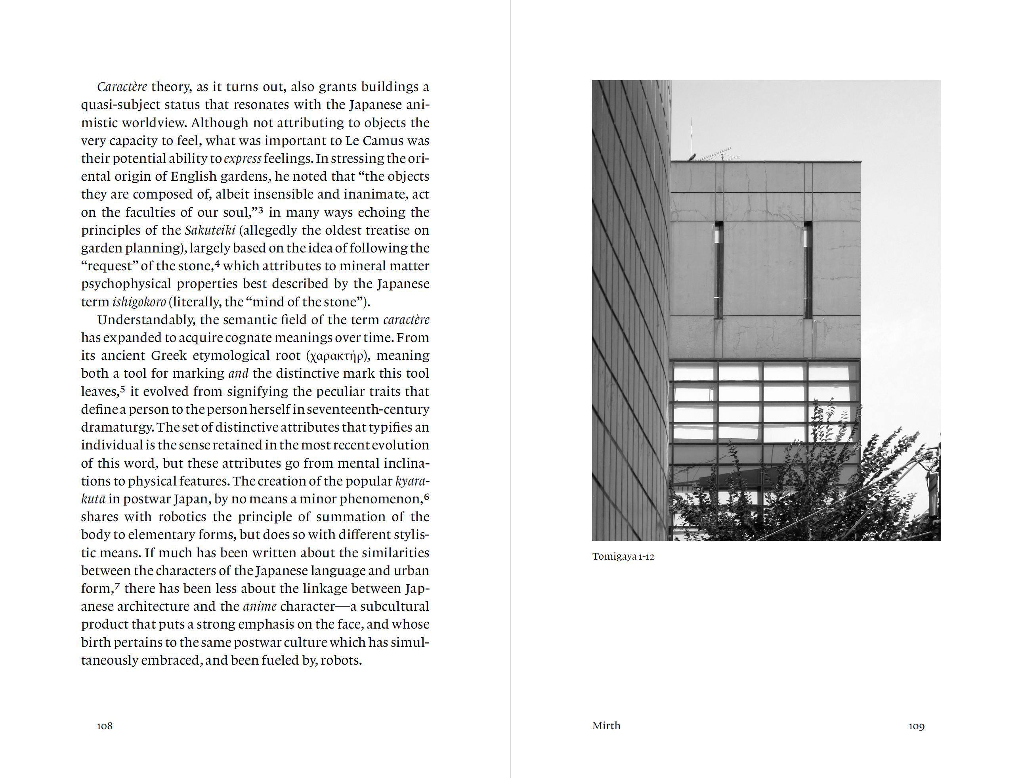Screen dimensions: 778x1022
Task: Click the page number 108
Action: [x=105, y=726]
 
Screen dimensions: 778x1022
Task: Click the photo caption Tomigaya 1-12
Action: [x=623, y=556]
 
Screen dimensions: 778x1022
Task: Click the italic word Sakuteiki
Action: [x=210, y=230]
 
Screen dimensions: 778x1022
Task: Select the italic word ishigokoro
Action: [x=139, y=302]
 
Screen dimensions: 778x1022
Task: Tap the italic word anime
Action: [x=260, y=606]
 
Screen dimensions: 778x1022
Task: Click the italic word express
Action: [x=242, y=159]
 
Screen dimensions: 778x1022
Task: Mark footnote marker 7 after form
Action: [x=117, y=586]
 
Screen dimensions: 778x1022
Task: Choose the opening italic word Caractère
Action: [x=122, y=87]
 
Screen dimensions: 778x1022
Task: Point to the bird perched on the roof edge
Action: [x=692, y=157]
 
